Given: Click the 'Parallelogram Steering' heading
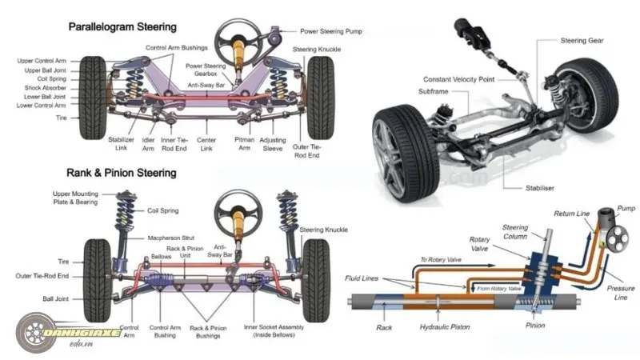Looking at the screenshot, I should (x=122, y=27).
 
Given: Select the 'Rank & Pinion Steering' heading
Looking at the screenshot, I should (x=122, y=172).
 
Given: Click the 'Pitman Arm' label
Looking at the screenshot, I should (x=244, y=143).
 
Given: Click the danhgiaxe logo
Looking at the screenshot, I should (x=68, y=332).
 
